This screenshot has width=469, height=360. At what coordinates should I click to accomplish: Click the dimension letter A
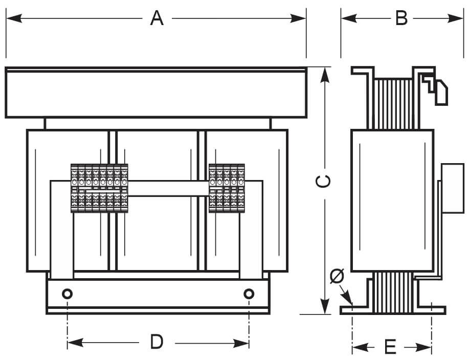point(157,18)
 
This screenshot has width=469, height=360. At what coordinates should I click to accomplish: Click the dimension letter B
point(401,18)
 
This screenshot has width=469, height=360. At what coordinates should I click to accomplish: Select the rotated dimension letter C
point(323,182)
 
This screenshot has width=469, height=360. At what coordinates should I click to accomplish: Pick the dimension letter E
point(390,347)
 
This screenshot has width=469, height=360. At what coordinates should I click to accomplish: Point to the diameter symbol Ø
point(337,276)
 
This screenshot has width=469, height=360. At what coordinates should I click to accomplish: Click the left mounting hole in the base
point(68,294)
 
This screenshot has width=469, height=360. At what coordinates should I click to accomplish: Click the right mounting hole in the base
point(249,294)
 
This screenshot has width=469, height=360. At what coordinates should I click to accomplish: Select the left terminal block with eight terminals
point(99,188)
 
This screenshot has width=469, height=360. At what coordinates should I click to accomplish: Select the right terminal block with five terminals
point(227,188)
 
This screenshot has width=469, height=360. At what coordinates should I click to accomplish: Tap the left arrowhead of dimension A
point(14,18)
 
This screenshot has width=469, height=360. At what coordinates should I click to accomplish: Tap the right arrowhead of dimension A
point(298,18)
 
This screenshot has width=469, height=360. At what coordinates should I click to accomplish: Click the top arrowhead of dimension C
point(325,75)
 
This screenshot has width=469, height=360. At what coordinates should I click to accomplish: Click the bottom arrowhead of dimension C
point(325,306)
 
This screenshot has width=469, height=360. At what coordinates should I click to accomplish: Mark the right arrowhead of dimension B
point(456,18)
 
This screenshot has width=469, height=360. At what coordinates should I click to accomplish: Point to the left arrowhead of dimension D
point(75,343)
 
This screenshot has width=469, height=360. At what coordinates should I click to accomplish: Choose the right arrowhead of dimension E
point(423,347)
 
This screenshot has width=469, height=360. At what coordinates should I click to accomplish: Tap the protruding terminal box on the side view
point(453,188)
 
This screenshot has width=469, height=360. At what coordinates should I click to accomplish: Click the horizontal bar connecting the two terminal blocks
point(168,188)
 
